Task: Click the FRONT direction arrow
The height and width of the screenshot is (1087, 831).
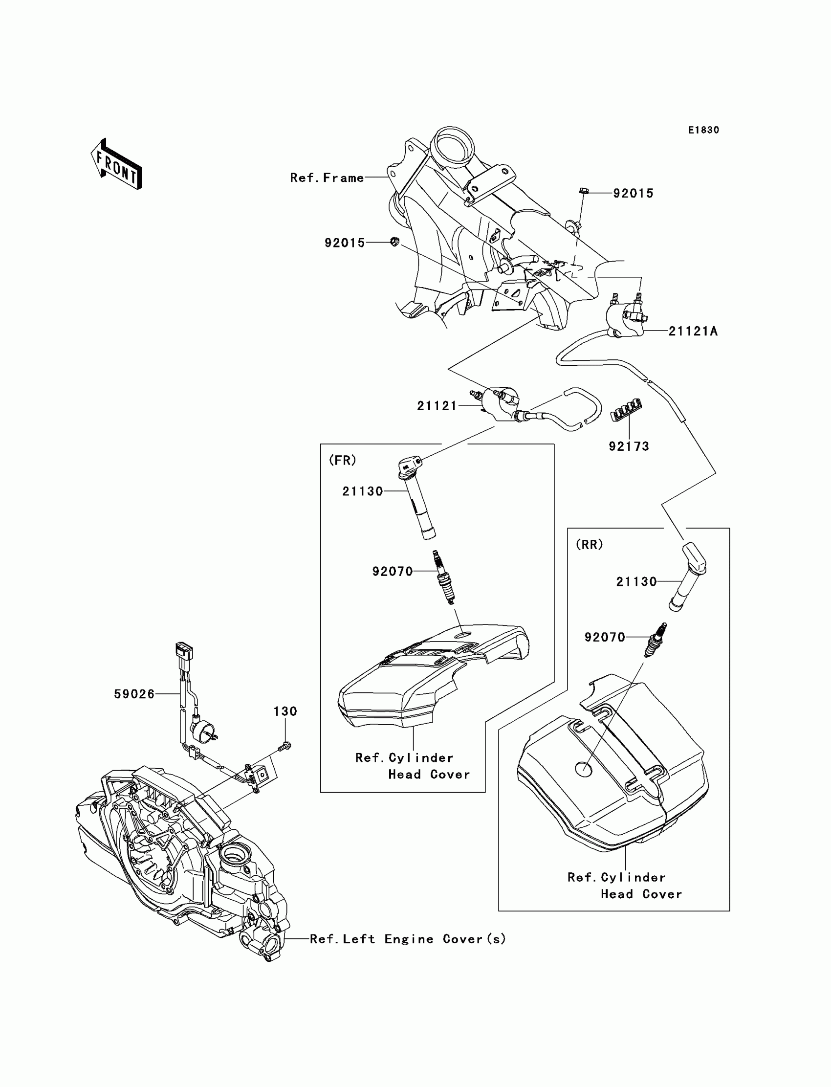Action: click(x=117, y=164)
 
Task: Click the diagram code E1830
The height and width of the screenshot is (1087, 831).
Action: click(x=703, y=130)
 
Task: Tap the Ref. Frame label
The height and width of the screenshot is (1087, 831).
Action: click(x=327, y=177)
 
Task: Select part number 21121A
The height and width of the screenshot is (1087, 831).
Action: click(x=693, y=332)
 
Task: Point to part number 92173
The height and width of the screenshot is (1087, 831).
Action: click(x=628, y=446)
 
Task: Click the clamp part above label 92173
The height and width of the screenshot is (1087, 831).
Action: click(x=626, y=410)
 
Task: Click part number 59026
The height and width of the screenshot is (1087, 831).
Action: click(x=134, y=694)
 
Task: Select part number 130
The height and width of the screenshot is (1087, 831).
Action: click(x=285, y=711)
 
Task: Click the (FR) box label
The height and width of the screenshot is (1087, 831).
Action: click(x=342, y=460)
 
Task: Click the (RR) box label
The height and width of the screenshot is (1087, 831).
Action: click(x=589, y=544)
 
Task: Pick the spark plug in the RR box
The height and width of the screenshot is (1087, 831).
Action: click(x=656, y=639)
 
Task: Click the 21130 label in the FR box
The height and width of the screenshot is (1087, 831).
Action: click(x=363, y=491)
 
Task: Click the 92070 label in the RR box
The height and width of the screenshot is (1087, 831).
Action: click(x=605, y=637)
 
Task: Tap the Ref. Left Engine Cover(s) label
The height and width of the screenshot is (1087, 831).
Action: click(x=408, y=939)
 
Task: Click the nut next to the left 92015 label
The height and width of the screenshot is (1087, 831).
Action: click(x=395, y=242)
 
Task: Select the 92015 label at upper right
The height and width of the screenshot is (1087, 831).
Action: click(x=633, y=194)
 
